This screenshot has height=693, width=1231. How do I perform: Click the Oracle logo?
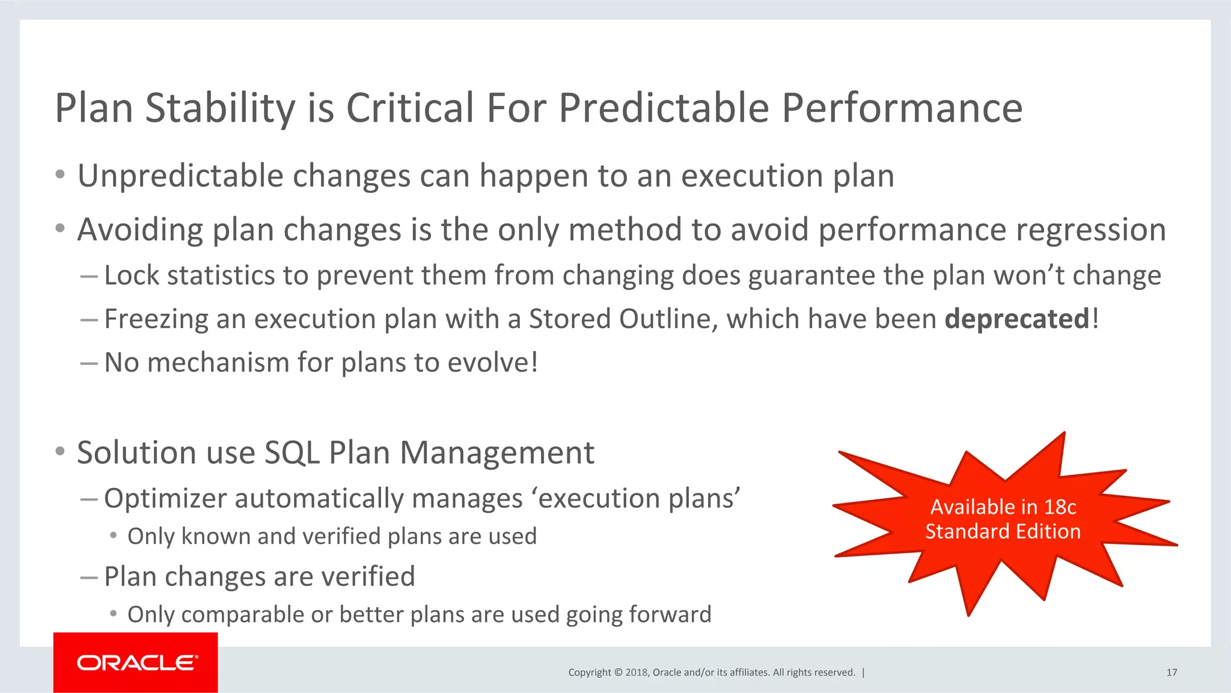136,662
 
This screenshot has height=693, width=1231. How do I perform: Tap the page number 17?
1171,673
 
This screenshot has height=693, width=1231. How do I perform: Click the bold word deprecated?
1017,319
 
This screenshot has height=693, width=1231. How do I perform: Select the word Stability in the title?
220,108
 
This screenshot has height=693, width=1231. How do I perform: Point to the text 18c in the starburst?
1060,507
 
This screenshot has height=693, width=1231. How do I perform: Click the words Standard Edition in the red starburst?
1003,531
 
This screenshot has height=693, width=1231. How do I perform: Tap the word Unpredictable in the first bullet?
180,176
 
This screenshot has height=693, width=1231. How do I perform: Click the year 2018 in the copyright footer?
636,673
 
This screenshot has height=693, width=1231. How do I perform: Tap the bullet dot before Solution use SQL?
60,451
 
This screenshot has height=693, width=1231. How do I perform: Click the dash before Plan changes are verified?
88,578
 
